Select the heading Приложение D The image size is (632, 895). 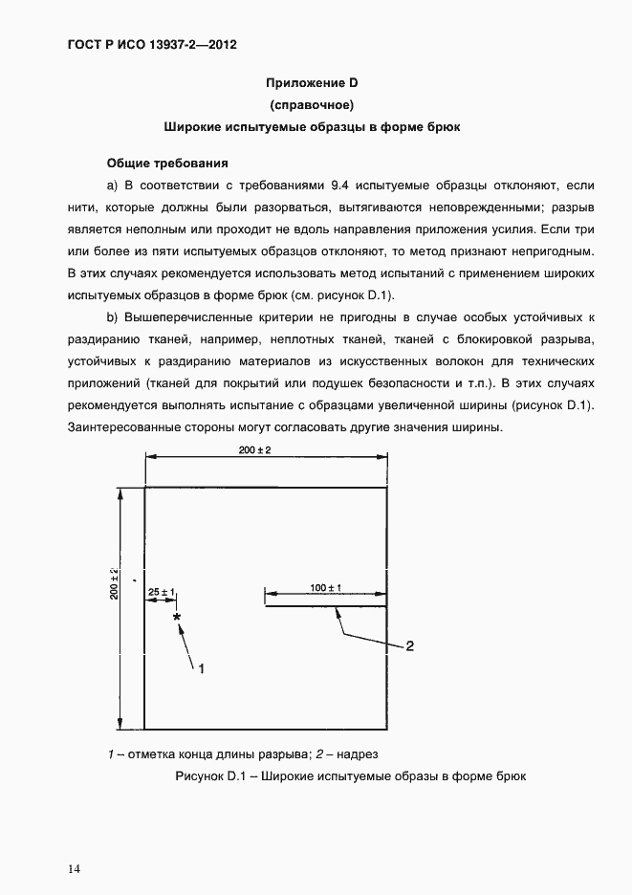pos(313,83)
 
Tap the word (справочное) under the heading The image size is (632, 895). pos(313,104)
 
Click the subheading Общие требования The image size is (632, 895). pos(166,163)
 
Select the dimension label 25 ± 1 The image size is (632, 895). pos(161,593)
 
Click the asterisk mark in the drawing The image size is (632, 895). pos(177,619)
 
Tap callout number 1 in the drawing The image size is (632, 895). pos(202,669)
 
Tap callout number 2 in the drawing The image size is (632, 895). pos(409,646)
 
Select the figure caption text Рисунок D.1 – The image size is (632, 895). pos(219,776)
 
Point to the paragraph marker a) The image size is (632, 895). pos(112,184)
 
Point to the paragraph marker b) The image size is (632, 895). pos(112,317)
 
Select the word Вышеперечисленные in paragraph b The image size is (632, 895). pos(189,317)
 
